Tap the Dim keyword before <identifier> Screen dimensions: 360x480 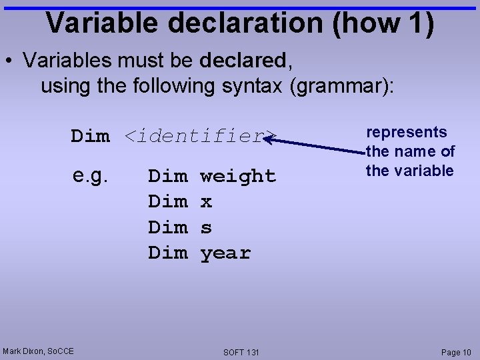pos(91,136)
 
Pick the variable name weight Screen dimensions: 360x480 pos(238,176)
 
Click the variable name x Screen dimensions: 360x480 pos(206,202)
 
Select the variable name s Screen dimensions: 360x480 pos(206,228)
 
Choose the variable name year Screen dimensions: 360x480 pos(225,253)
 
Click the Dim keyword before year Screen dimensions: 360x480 pos(167,253)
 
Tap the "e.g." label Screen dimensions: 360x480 pos(91,175)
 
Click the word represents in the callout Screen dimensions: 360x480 pos(407,132)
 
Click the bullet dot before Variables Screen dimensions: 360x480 pos(10,61)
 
